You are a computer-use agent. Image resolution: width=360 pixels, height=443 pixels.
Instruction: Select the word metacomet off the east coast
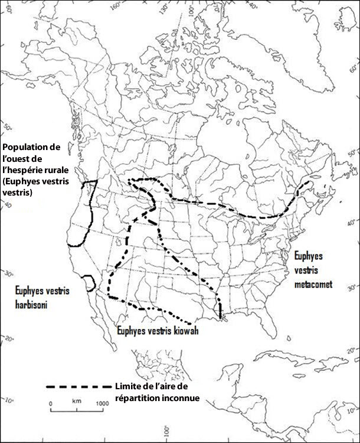point(313,284)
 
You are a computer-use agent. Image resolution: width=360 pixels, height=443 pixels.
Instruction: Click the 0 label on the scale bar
point(51,403)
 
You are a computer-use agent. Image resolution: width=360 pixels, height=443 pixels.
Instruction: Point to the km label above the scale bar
point(76,402)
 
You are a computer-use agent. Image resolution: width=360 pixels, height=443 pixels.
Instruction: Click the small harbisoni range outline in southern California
point(89,282)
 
